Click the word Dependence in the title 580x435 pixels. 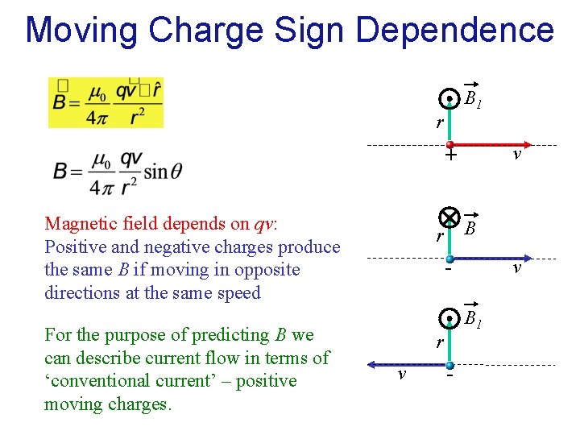pos(454,30)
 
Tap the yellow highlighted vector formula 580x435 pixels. pos(106,102)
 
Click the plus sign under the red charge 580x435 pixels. pos(451,155)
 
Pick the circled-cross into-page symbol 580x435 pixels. pos(449,217)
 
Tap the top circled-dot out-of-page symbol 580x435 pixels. pos(450,100)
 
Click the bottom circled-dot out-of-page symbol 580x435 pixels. pos(450,318)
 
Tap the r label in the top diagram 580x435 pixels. pos(439,123)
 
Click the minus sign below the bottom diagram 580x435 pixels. pos(450,375)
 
